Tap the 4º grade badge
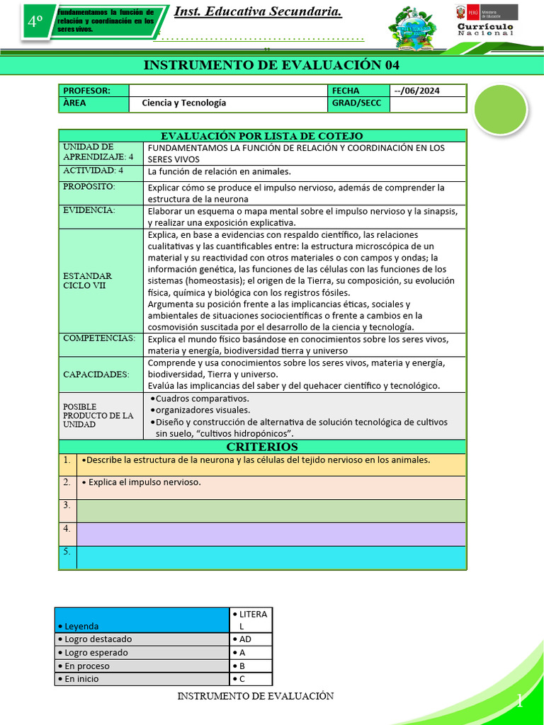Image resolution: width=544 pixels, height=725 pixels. (36, 22)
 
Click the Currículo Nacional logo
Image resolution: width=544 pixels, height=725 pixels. (485, 21)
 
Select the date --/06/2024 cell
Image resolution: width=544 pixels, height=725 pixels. (428, 91)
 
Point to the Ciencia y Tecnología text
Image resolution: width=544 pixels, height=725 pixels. (184, 103)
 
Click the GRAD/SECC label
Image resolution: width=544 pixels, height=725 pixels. (358, 103)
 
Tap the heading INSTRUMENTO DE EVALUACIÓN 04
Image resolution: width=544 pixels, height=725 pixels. (271, 65)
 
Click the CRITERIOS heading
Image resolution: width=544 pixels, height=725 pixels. (262, 447)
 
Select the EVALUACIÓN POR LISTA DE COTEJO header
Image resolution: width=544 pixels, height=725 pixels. (262, 136)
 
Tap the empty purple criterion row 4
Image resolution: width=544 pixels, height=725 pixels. (271, 534)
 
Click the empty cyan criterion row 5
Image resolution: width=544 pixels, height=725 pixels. (271, 557)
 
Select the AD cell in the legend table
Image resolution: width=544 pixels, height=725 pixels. (251, 639)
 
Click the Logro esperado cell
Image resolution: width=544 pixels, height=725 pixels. (142, 652)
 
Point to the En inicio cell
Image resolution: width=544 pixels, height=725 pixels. (142, 679)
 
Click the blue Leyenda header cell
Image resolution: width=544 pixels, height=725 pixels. (142, 620)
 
